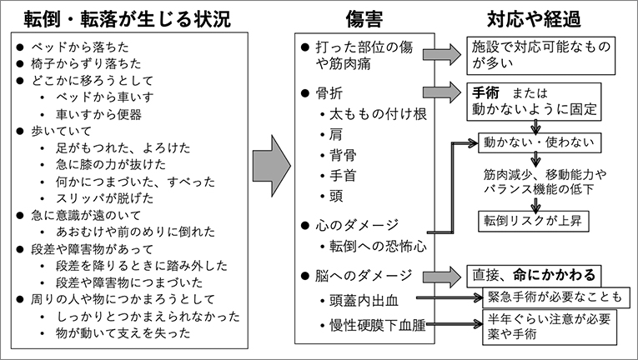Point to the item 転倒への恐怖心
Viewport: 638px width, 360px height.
tap(377, 246)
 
